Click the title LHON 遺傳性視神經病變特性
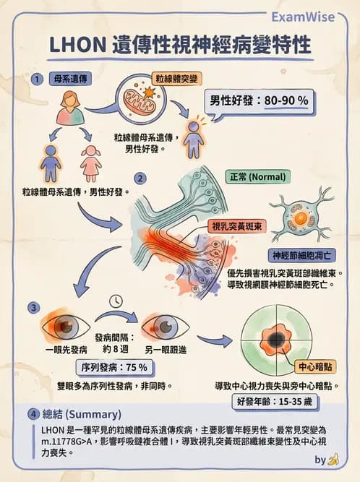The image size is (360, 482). click(x=181, y=45)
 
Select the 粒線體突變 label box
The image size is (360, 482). click(x=176, y=79)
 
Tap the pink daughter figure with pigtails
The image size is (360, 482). click(x=90, y=163)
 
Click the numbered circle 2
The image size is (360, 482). click(x=141, y=178)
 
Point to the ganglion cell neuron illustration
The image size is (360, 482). click(x=298, y=216)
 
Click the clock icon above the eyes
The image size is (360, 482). click(x=116, y=301)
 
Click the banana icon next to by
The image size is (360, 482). click(x=333, y=459)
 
